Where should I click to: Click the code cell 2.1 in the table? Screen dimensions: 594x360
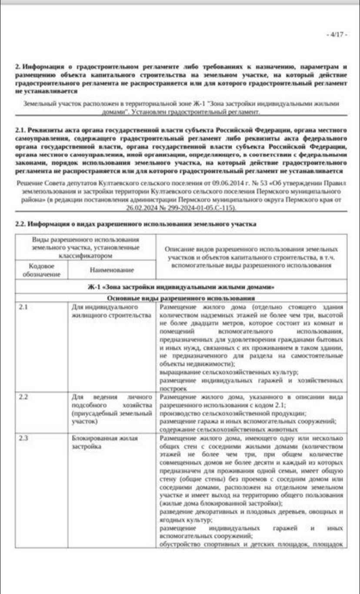pos(23,307)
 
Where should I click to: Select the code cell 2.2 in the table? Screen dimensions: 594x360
pos(23,398)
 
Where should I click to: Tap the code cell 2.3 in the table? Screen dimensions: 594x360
pos(23,438)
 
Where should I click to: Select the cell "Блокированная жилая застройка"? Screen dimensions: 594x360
pos(104,442)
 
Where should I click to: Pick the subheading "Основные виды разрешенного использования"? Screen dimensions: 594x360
pos(180,299)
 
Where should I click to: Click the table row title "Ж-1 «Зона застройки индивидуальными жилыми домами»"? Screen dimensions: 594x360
pos(180,287)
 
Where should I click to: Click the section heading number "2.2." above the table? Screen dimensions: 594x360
pos(20,224)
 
